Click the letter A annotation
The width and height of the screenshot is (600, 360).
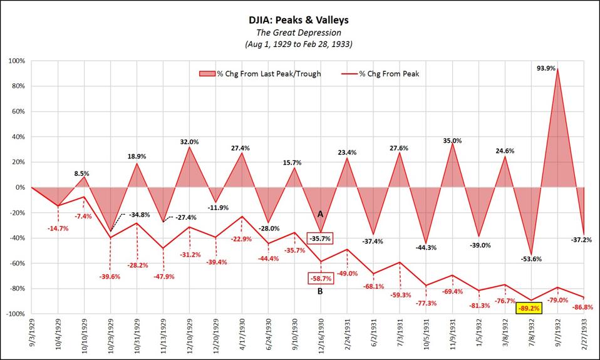(320, 214)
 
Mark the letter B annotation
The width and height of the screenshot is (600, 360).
(320, 291)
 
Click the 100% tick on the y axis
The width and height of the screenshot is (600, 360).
(16, 61)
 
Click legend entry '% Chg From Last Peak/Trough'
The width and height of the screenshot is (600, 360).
(269, 74)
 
